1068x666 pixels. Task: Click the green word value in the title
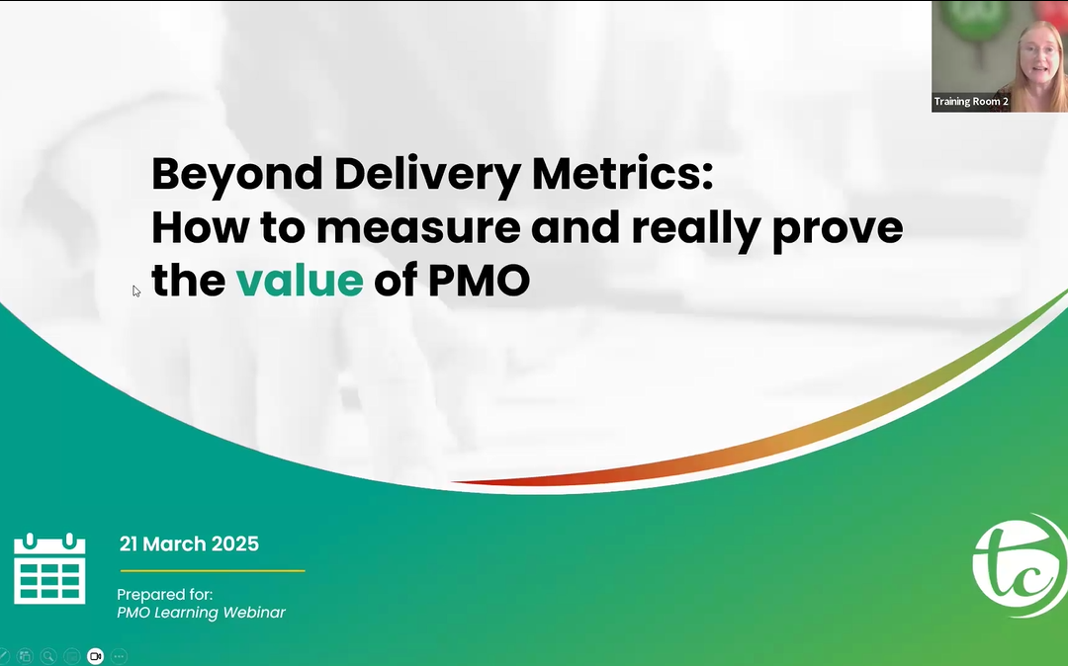300,281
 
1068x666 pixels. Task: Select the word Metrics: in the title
623,174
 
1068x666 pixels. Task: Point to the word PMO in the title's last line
479,281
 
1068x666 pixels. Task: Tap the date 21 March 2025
189,543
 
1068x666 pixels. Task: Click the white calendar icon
49,569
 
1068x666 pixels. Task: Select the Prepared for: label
165,595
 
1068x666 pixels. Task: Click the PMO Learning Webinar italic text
201,613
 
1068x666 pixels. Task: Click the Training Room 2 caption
971,102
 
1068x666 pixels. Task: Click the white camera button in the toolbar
95,656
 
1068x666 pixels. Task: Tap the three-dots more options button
120,656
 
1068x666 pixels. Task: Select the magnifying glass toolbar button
48,656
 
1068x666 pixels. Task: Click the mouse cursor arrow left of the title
136,291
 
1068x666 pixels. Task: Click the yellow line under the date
213,571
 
